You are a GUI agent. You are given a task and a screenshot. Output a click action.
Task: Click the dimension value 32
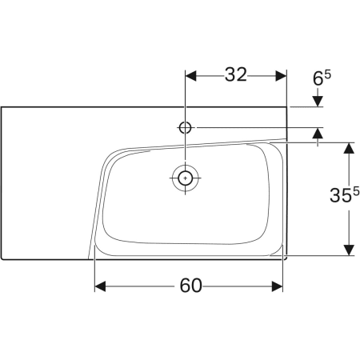pyautogui.click(x=235, y=75)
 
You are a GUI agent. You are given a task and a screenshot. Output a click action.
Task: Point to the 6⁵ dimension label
pyautogui.click(x=321, y=78)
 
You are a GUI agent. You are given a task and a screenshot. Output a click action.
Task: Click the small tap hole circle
pyautogui.click(x=186, y=127)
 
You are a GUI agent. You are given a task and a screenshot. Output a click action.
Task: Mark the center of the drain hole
pyautogui.click(x=186, y=178)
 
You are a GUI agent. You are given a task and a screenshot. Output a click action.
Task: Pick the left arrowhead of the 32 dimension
pyautogui.click(x=191, y=75)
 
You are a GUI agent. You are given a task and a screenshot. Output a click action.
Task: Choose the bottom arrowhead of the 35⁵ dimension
pyautogui.click(x=349, y=250)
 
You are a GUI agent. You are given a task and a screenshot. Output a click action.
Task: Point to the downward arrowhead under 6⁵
pyautogui.click(x=318, y=101)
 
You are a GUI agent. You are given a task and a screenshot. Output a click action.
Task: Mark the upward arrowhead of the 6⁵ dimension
pyautogui.click(x=318, y=133)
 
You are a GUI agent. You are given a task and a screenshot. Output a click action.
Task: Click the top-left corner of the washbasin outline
pyautogui.click(x=2, y=107)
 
